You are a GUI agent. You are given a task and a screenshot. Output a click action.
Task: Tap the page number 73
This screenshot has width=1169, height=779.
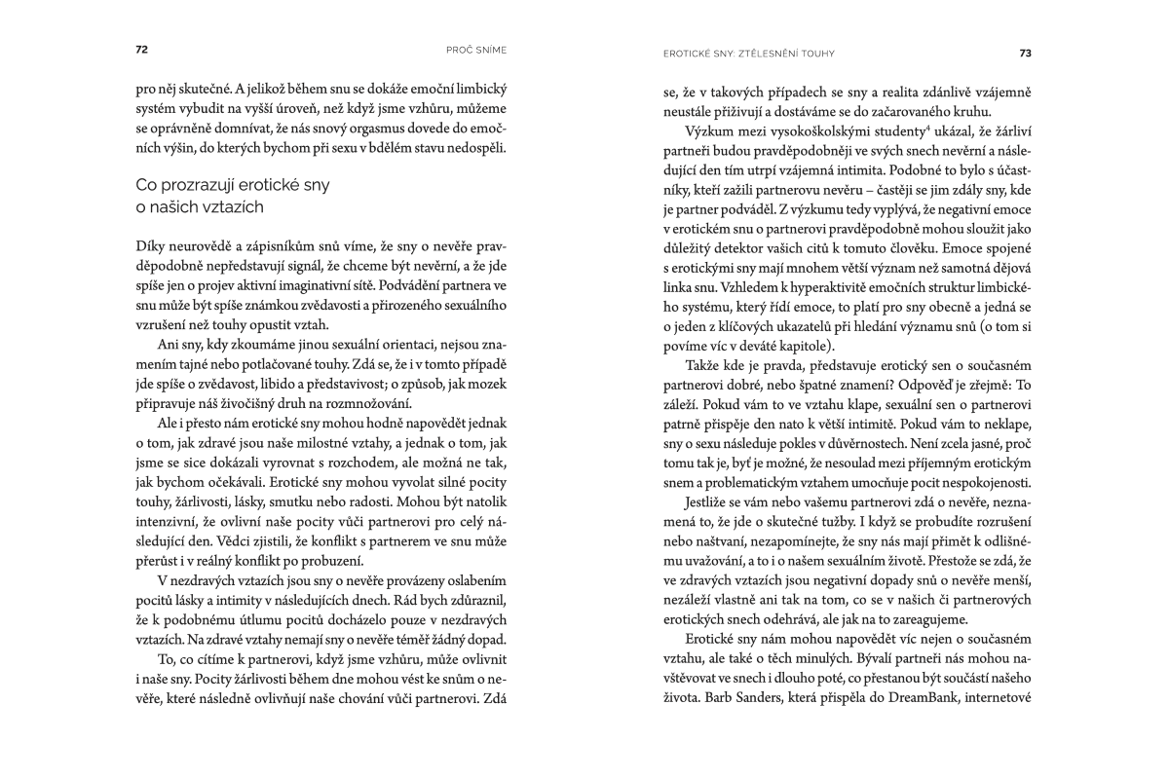pos(1026,53)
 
